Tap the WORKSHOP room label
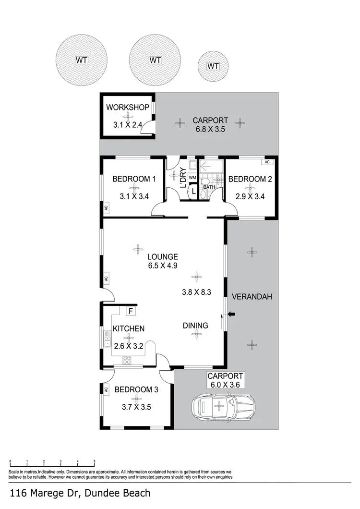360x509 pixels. coord(128,107)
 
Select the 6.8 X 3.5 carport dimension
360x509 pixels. coord(210,129)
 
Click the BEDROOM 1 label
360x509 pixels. coord(134,179)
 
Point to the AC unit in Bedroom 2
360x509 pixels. coord(267,162)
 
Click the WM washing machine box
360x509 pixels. coord(192,178)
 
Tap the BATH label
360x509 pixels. coord(209,187)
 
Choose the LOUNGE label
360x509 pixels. coord(163,256)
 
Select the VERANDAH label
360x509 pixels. coord(252,297)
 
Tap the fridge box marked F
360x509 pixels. coord(130,311)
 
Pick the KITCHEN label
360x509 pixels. coord(129,329)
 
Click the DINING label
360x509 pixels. coord(195,326)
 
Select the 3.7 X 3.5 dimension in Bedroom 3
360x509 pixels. coord(136,407)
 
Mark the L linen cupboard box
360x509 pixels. coord(193,191)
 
